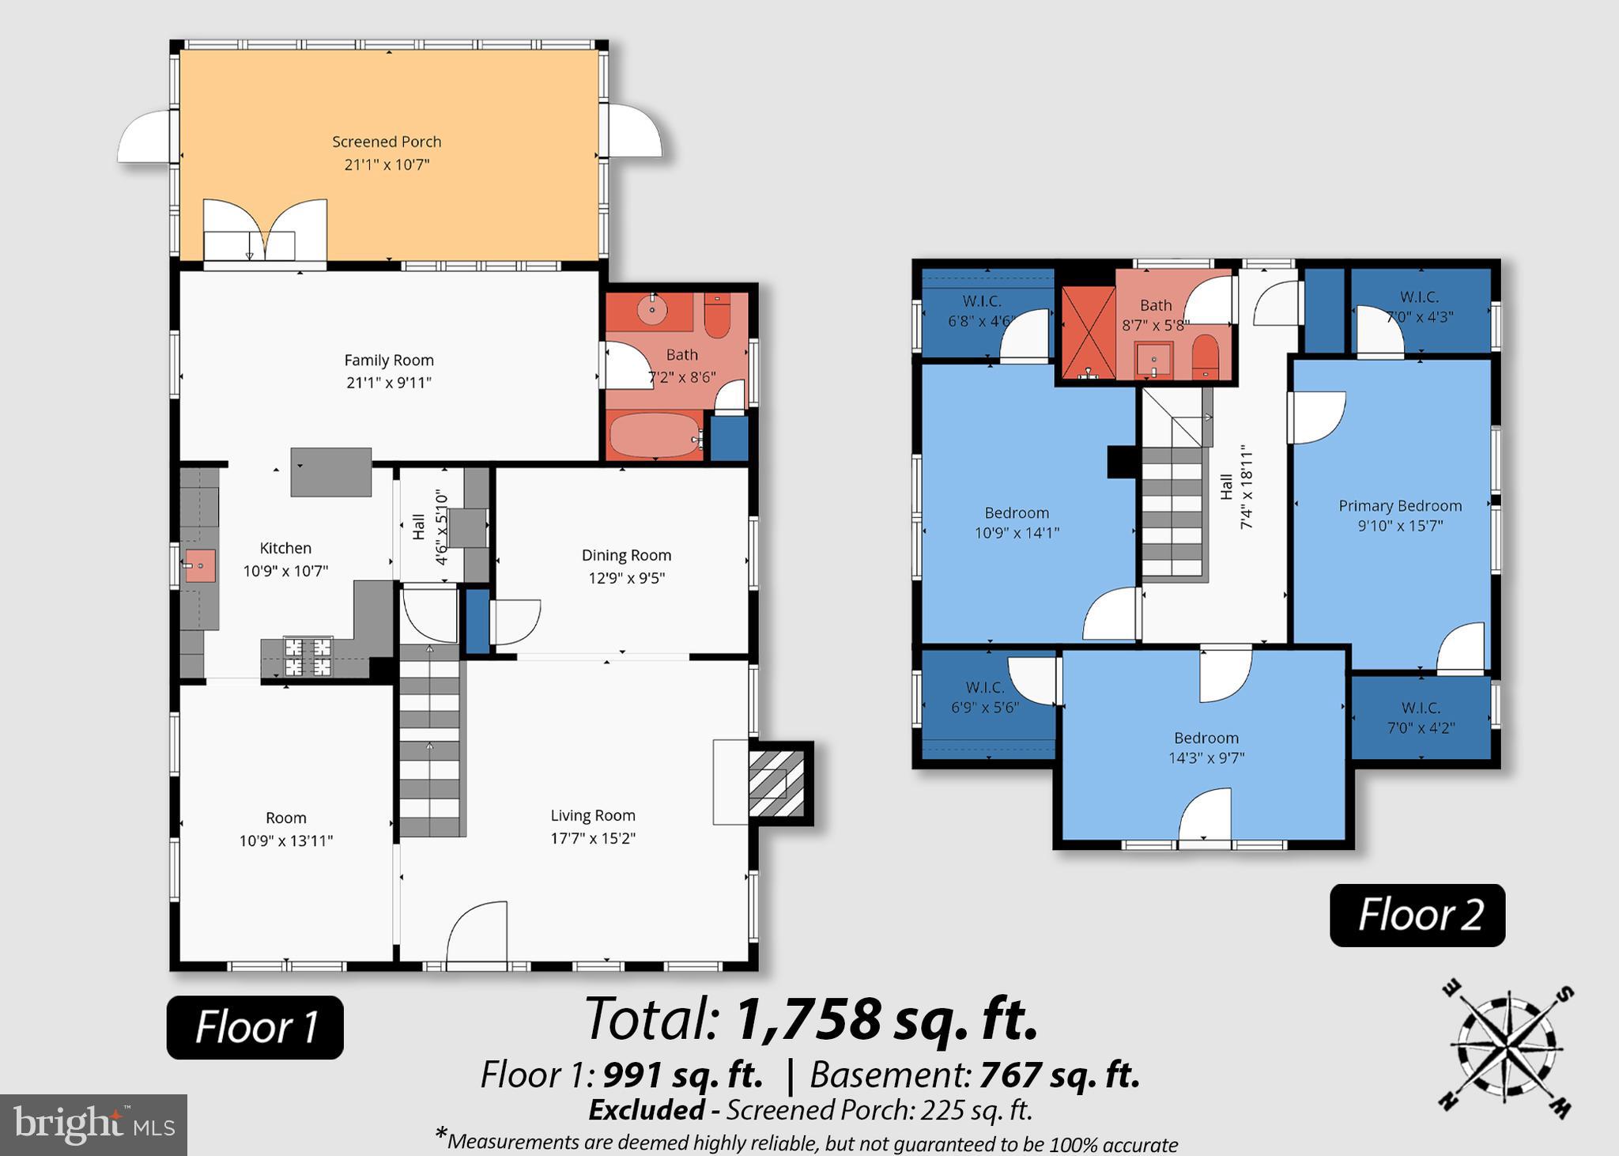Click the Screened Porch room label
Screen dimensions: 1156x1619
(387, 142)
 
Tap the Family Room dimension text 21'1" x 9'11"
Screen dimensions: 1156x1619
(388, 383)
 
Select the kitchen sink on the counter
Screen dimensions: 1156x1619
(200, 565)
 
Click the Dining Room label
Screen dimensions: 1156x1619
(626, 555)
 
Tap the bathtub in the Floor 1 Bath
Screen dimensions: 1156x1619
(655, 435)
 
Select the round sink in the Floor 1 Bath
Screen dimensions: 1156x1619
(652, 311)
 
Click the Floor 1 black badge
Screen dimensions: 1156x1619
(255, 1027)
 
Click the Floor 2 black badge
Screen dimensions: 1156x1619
(1417, 915)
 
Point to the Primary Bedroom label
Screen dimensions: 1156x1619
(1399, 506)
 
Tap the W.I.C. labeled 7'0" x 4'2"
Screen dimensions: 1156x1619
(1421, 717)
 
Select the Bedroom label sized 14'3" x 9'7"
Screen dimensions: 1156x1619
(1206, 738)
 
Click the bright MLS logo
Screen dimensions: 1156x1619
(93, 1125)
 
